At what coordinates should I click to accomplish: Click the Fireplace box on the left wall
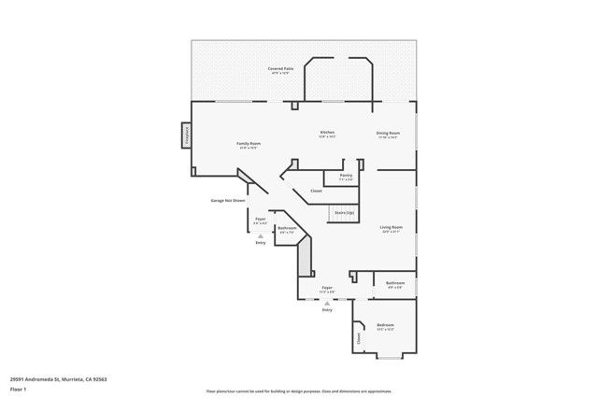185,136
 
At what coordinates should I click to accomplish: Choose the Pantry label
346,176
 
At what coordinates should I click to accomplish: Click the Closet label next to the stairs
317,192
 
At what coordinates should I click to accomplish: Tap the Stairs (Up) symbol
345,214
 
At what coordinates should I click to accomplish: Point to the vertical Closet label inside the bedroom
358,339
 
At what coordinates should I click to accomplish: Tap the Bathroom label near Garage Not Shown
287,229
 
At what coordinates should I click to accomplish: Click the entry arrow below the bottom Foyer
327,303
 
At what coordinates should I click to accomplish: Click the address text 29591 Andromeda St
52,378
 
